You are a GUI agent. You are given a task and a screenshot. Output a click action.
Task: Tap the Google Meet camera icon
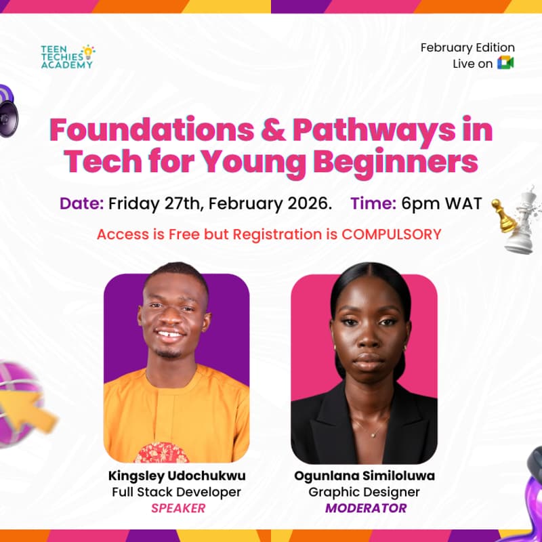(505, 63)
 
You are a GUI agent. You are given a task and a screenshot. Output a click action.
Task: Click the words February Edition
(467, 47)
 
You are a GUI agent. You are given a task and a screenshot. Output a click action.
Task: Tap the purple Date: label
(81, 203)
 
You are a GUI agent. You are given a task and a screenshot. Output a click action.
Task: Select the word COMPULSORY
(391, 234)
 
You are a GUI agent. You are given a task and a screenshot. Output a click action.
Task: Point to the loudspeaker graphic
(8, 112)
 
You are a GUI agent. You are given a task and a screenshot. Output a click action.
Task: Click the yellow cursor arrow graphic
(34, 410)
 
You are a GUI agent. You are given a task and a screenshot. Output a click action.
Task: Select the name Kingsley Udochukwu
(176, 476)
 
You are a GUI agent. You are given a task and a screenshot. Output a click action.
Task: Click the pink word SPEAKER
(176, 508)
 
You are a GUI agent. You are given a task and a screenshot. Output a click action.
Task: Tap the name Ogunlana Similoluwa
(364, 476)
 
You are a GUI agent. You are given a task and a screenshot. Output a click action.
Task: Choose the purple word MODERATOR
(364, 508)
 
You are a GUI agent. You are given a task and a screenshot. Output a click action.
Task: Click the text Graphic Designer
(364, 492)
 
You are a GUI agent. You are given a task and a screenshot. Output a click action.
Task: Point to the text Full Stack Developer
(176, 492)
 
